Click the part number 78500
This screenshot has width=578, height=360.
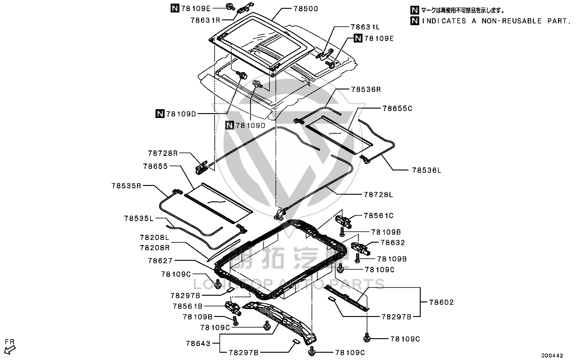pos(306,9)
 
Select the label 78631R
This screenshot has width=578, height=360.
pos(205,20)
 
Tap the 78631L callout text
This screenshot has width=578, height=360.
pos(365,27)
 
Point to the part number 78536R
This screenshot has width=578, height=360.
pos(366,89)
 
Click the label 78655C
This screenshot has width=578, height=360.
pos(397,108)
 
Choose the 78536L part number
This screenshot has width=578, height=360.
pos(427,170)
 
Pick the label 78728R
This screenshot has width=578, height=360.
pos(163,153)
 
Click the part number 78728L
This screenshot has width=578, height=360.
pos(378,195)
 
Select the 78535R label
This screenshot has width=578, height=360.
pos(126,186)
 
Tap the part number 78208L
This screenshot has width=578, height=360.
pos(155,237)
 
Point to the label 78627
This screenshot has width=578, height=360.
pos(160,261)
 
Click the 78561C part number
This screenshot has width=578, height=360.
pos(379,216)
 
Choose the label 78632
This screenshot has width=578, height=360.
pos(393,243)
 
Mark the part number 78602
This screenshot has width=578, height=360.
pos(442,302)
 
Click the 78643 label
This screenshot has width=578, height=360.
pos(198,343)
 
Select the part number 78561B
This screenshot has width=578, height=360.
pos(188,306)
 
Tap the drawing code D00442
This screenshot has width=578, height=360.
pos(552,355)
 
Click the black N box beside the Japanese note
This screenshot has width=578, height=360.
pos(415,10)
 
